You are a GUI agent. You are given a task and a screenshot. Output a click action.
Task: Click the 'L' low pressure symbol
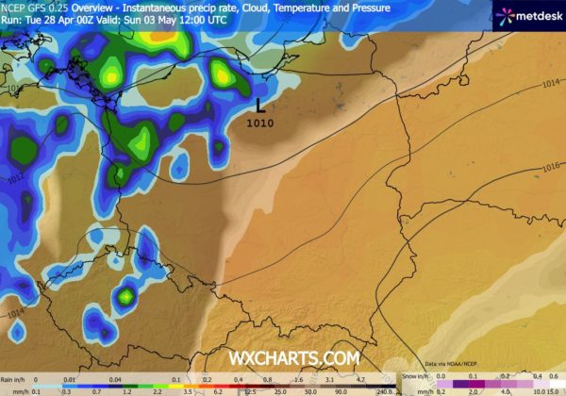pos(261,106)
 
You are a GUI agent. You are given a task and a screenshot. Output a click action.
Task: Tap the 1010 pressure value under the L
pos(261,122)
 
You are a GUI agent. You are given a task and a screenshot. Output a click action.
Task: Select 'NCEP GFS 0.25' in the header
pos(32,6)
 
